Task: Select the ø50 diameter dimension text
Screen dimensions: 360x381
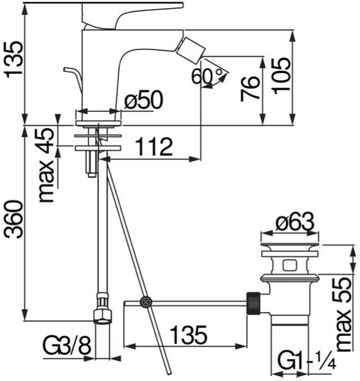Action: [144, 100]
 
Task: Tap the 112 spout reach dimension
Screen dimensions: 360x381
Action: [154, 147]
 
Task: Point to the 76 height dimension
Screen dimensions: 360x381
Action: [249, 89]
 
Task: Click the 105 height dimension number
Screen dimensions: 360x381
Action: [281, 76]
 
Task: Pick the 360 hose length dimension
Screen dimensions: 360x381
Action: [14, 219]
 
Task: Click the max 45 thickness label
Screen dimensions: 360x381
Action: [46, 165]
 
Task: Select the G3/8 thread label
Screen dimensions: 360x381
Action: [67, 346]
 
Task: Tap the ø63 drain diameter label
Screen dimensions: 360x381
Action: [295, 222]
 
